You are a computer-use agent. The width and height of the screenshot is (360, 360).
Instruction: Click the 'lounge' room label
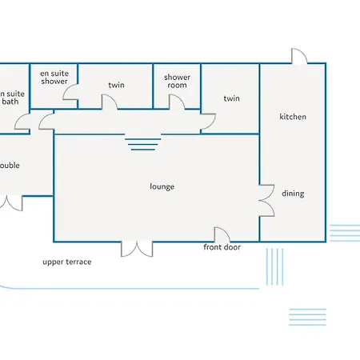click(162, 186)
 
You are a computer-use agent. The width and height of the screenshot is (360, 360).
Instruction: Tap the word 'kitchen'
click(293, 117)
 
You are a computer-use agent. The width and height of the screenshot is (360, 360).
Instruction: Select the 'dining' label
click(293, 194)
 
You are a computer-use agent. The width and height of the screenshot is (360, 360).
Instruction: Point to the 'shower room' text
click(177, 82)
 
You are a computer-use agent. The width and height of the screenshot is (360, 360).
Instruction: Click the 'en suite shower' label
click(54, 77)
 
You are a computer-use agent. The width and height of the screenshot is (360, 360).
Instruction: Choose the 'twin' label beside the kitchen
click(232, 98)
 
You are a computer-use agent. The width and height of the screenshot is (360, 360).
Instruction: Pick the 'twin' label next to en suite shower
click(117, 85)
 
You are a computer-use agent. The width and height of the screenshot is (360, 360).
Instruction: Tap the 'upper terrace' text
click(67, 262)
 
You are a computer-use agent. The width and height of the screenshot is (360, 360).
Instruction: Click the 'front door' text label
click(222, 247)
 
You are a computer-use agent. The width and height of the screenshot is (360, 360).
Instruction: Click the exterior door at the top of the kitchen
click(298, 56)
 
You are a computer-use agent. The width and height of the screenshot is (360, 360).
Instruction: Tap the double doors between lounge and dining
click(267, 198)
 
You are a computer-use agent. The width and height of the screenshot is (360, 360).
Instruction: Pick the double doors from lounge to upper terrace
click(137, 248)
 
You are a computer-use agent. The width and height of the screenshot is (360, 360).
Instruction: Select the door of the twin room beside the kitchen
click(207, 119)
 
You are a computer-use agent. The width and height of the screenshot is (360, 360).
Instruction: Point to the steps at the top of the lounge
click(143, 144)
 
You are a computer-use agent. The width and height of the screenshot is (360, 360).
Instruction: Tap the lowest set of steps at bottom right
click(306, 316)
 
